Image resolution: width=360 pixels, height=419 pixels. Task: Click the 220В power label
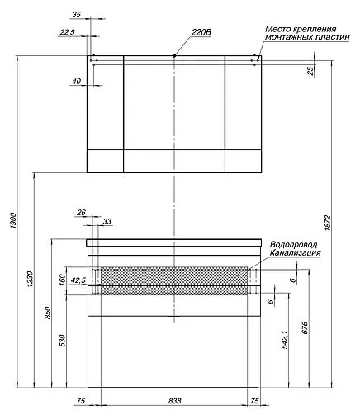pyautogui.click(x=202, y=32)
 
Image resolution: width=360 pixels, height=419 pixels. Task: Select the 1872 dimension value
pyautogui.click(x=328, y=222)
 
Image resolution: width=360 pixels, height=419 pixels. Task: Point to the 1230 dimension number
pyautogui.click(x=31, y=281)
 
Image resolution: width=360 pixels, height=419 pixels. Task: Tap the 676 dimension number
pyautogui.click(x=306, y=327)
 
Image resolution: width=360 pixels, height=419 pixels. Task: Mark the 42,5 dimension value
pyautogui.click(x=79, y=280)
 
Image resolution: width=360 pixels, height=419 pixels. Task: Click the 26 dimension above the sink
pyautogui.click(x=81, y=214)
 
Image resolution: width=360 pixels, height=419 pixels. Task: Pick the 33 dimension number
pyautogui.click(x=107, y=222)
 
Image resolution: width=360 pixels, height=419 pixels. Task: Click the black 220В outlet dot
pyautogui.click(x=175, y=55)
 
